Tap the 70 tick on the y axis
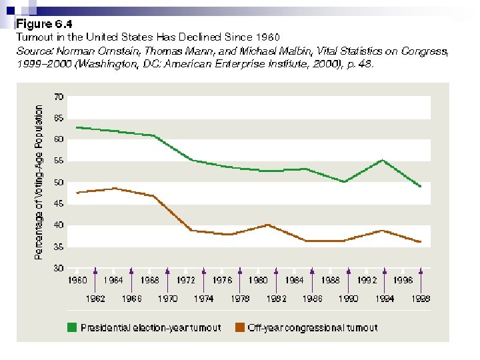point(59,97)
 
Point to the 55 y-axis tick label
point(59,161)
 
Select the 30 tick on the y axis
point(59,268)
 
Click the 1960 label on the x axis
point(77,281)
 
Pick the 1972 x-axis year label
point(186,281)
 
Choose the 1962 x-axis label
point(95,299)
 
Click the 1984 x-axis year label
point(295,281)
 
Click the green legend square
point(71,327)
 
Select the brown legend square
point(239,327)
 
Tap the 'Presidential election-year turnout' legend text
point(149,327)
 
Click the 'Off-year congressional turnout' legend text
point(313,327)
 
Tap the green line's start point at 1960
point(77,127)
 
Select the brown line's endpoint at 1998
point(421,241)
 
